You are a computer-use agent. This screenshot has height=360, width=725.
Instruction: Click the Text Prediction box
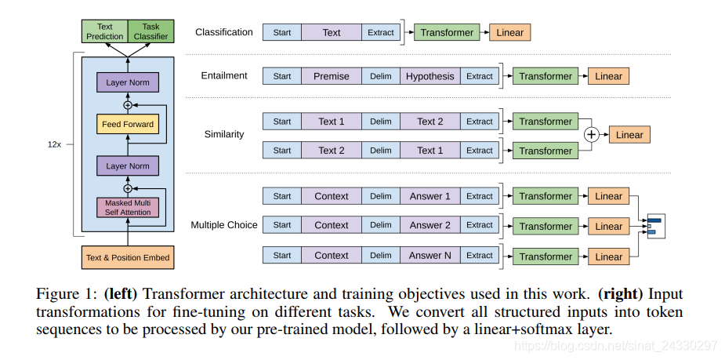(x=105, y=31)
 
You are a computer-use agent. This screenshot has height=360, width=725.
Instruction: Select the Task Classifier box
(x=150, y=31)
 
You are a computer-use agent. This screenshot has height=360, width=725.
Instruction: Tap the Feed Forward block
(x=128, y=124)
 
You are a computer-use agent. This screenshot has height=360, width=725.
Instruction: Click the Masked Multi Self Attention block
(x=128, y=208)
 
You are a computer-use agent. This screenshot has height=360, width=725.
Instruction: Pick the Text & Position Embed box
(x=128, y=257)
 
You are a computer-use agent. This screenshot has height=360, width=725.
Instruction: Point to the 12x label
(x=55, y=144)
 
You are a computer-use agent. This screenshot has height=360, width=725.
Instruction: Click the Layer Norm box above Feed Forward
(x=128, y=82)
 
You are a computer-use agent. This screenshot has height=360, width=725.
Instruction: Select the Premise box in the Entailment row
(x=332, y=76)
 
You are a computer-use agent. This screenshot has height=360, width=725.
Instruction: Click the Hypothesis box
(x=430, y=76)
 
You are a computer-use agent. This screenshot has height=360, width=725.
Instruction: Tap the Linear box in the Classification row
(x=510, y=32)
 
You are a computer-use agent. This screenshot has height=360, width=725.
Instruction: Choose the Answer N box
(x=430, y=256)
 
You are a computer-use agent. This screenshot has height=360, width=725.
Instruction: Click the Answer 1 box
(x=430, y=196)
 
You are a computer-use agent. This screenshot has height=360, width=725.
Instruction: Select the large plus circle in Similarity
(x=592, y=135)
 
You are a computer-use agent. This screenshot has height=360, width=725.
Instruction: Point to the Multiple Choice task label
(x=224, y=225)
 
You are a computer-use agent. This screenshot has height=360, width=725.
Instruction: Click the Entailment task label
(x=224, y=76)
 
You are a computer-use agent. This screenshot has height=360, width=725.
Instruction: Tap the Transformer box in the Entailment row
(x=546, y=76)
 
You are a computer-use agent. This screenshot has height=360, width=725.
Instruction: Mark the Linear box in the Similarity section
(x=629, y=135)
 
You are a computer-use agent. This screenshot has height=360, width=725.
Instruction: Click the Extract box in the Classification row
(x=380, y=32)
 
